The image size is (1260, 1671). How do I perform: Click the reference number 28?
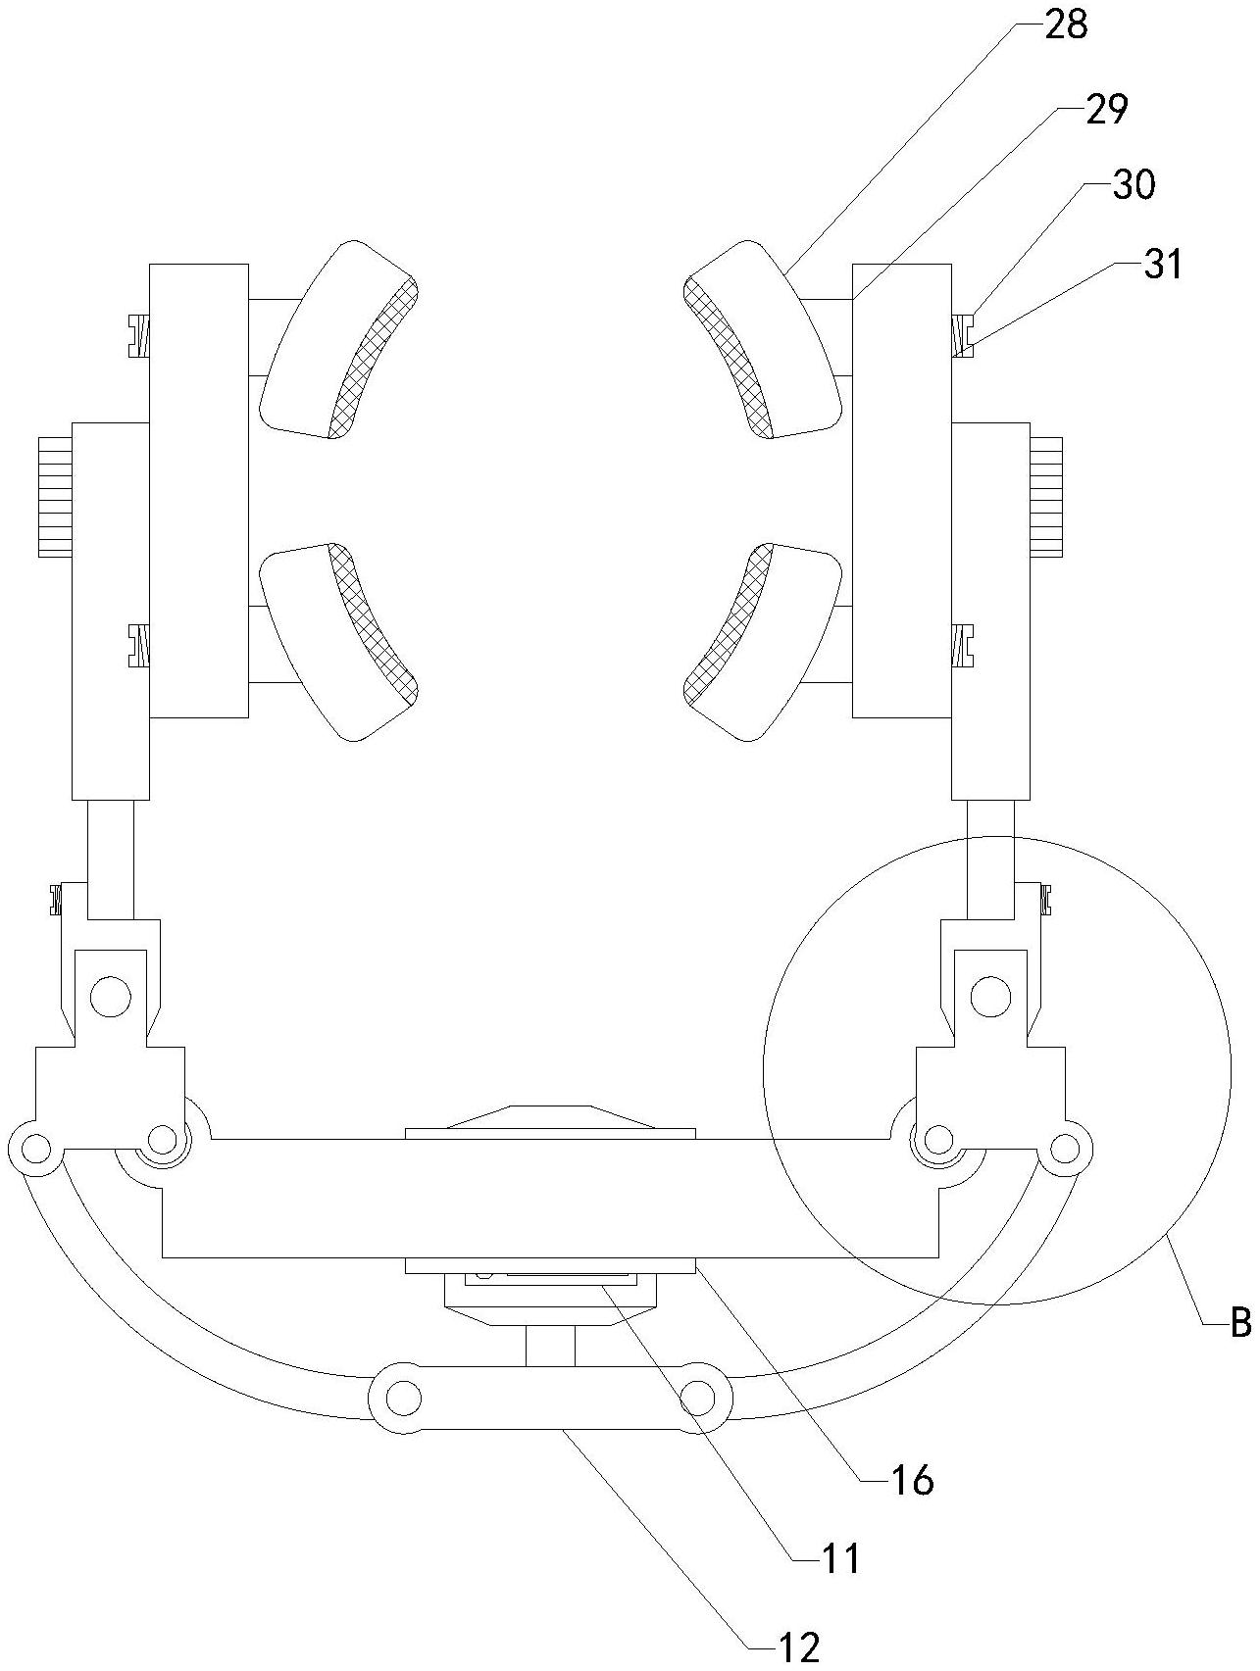point(1066,25)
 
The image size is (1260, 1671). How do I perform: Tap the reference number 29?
point(1106,109)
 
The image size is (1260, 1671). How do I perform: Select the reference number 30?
point(1134,184)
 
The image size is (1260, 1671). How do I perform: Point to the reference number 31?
point(1163,264)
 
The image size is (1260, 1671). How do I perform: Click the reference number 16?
point(912,1480)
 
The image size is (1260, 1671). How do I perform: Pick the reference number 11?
point(839,1557)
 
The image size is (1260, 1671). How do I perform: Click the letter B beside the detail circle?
point(1239,1324)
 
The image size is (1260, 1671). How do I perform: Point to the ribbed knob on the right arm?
point(1046,496)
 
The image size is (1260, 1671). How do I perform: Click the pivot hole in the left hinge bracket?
point(110,997)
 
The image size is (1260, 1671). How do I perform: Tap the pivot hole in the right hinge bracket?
point(990,997)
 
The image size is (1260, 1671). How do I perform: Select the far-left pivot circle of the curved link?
point(34,1148)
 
